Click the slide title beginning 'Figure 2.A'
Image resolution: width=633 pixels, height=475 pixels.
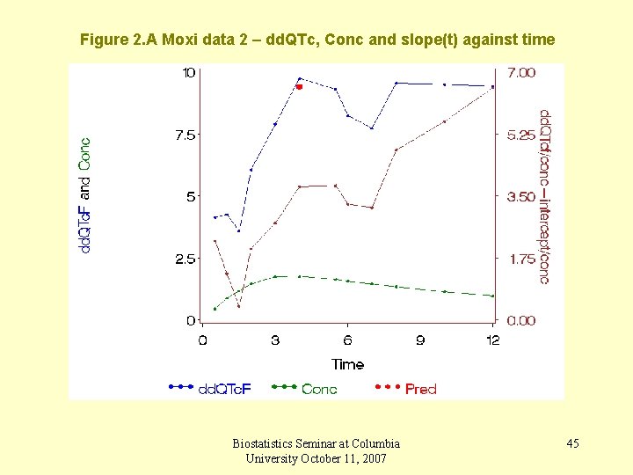(x=316, y=40)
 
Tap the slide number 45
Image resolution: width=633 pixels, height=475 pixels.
(x=572, y=443)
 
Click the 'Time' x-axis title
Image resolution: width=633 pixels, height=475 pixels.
(x=348, y=364)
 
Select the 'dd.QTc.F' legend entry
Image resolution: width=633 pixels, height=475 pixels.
(x=223, y=388)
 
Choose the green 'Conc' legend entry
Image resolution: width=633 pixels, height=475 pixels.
(x=318, y=388)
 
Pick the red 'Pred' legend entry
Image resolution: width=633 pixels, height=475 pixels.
(x=420, y=388)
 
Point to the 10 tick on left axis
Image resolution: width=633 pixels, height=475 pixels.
(x=188, y=72)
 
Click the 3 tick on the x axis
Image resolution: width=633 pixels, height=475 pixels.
(x=275, y=340)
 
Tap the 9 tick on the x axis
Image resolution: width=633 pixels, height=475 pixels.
(x=420, y=340)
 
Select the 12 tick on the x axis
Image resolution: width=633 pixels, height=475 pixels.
(x=492, y=340)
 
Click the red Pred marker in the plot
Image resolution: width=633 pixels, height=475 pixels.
(x=299, y=87)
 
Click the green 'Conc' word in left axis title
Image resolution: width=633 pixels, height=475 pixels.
(x=84, y=153)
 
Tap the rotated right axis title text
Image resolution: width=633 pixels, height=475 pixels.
(x=544, y=196)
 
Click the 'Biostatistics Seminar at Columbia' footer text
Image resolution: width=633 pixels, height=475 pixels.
(x=316, y=443)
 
